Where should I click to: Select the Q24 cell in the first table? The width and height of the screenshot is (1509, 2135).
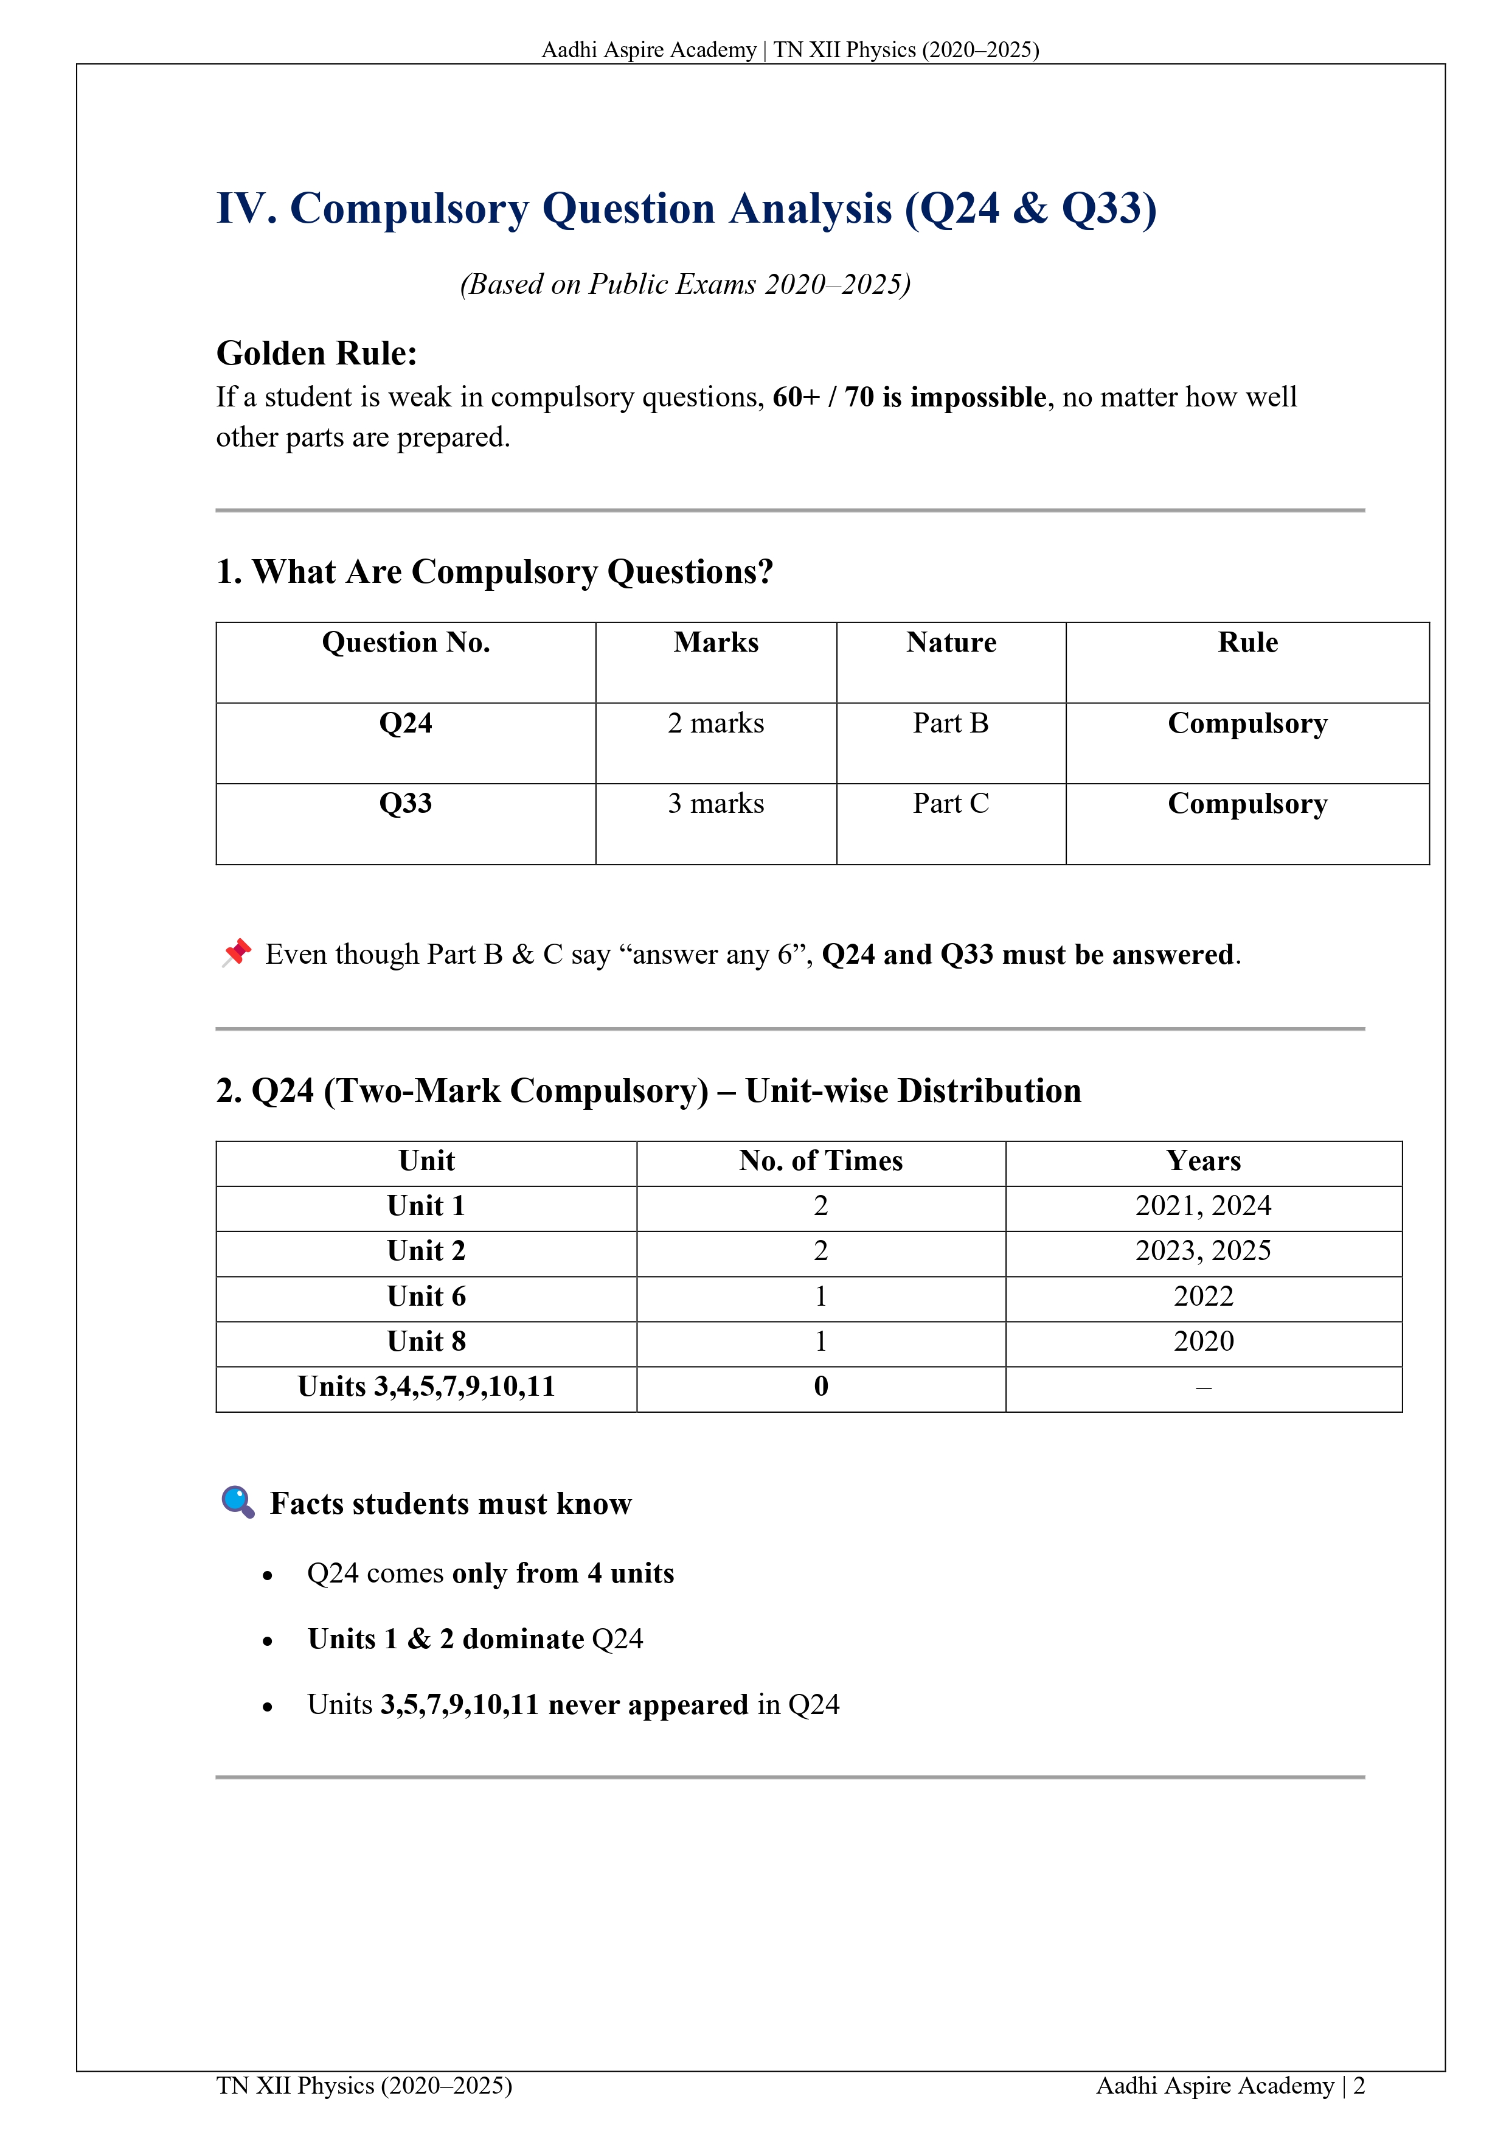[405, 723]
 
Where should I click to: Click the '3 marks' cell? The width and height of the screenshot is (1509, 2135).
[716, 803]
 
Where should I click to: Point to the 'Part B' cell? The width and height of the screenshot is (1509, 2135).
[950, 723]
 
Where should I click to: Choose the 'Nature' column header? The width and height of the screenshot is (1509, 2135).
[950, 643]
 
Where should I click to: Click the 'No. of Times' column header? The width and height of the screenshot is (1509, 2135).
[821, 1160]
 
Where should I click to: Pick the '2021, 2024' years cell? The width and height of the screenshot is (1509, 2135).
[1203, 1206]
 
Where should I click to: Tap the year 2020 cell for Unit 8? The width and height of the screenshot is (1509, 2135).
[1203, 1341]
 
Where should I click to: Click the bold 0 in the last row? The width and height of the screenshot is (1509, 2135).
[821, 1387]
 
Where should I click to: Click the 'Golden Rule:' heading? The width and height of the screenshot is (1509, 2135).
[316, 354]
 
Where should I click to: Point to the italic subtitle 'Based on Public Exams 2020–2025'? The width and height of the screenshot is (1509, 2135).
[685, 284]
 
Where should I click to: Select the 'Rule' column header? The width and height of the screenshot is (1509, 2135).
[1247, 643]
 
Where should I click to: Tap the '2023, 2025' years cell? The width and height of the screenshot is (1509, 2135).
[1203, 1251]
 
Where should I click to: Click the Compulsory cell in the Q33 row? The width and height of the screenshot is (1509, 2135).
[1247, 803]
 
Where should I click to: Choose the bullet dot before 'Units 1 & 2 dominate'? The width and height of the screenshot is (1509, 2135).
[268, 1641]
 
